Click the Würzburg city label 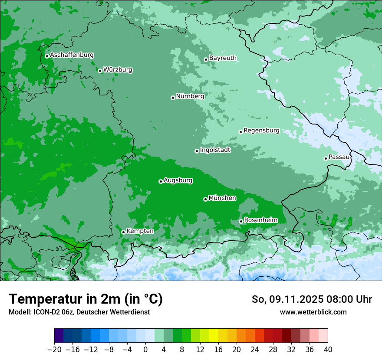[x=118, y=70]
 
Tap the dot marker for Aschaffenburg [x=47, y=56]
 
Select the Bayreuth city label [x=223, y=58]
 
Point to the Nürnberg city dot [x=173, y=98]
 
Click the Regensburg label [x=261, y=131]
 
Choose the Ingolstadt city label [x=215, y=150]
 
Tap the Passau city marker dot [x=326, y=158]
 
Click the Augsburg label [x=178, y=180]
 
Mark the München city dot [x=205, y=200]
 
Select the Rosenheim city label [x=260, y=220]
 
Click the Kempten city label [x=140, y=231]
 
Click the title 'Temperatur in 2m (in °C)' [x=86, y=299]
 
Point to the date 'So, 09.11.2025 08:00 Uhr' [x=312, y=299]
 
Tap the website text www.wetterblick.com [x=313, y=312]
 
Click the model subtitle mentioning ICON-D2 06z [x=79, y=312]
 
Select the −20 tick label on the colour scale [x=54, y=350]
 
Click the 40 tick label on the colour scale [x=328, y=350]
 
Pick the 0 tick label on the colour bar [x=145, y=350]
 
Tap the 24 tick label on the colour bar [x=255, y=350]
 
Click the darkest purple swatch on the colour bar [x=59, y=336]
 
